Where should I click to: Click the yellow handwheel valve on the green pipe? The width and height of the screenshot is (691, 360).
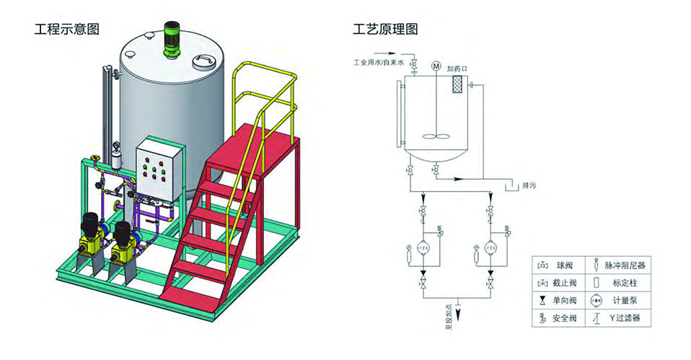[94, 159]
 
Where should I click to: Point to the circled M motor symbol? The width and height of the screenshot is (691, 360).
[436, 66]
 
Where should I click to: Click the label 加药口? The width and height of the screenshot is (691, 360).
[457, 68]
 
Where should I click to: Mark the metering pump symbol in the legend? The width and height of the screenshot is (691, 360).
[597, 299]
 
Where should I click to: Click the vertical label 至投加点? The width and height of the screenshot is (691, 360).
[448, 315]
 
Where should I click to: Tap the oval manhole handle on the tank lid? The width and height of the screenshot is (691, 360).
[206, 60]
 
